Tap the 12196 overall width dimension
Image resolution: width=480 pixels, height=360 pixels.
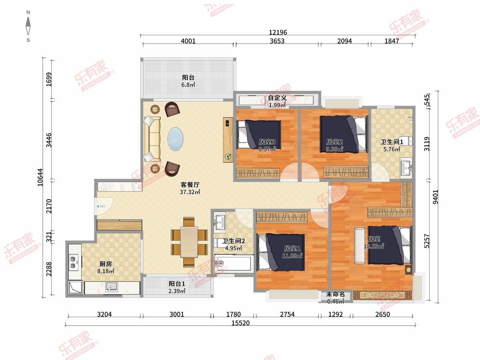coord(278,32)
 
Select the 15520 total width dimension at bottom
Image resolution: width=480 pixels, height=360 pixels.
coord(240,323)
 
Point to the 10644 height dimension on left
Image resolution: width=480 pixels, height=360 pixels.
coord(40,177)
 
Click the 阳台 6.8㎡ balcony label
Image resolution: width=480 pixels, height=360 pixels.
coord(188,81)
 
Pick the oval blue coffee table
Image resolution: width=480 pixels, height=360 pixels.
coord(175,139)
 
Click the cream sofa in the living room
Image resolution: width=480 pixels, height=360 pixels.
coord(152,139)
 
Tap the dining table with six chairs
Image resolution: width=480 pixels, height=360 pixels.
coord(189,242)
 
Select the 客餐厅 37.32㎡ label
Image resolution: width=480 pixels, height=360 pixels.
coord(190,188)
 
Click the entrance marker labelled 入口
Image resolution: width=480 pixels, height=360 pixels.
coord(101,206)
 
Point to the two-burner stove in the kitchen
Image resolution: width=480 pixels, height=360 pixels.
coord(73,262)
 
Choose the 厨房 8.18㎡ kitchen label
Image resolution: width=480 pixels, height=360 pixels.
coord(106,267)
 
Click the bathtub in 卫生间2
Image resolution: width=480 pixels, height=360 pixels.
coord(233,264)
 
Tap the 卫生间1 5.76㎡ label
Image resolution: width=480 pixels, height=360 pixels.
coord(392,146)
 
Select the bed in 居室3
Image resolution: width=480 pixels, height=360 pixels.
coord(259,134)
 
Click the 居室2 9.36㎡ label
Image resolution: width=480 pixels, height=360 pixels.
coord(334,146)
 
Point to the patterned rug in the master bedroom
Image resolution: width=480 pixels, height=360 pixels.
coord(382,295)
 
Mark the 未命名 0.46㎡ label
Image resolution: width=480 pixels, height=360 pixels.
coord(336,298)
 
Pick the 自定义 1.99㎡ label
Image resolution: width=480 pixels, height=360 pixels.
coord(277,102)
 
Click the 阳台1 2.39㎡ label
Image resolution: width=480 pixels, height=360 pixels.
coord(177,287)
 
